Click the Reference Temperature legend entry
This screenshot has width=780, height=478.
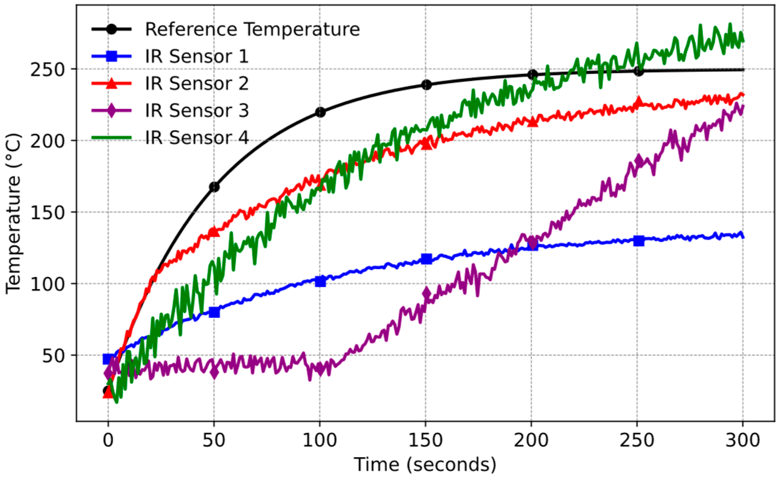click(252, 29)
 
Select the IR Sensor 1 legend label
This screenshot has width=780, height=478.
click(197, 56)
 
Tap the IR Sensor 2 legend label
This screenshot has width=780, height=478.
click(197, 84)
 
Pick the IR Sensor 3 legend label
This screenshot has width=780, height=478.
click(197, 110)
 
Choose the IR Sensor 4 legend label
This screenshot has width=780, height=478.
click(197, 138)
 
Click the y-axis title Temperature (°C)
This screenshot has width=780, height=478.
click(14, 213)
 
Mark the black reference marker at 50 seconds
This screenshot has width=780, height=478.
click(214, 187)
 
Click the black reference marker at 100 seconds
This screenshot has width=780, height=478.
click(320, 112)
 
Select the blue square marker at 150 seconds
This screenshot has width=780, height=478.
click(426, 259)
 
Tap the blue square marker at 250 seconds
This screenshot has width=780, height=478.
click(639, 241)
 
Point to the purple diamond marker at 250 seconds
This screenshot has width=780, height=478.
click(639, 161)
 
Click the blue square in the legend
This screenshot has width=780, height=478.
click(112, 56)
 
